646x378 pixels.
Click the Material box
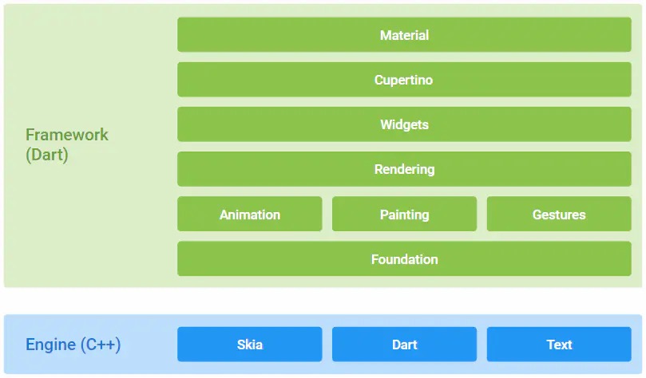point(404,34)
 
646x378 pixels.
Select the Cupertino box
point(404,80)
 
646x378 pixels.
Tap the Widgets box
point(404,124)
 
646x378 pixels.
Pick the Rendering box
point(404,169)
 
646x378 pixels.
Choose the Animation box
point(250,214)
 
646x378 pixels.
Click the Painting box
point(404,214)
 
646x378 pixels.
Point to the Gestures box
point(559,214)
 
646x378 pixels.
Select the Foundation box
point(404,258)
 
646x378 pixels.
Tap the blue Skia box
point(250,345)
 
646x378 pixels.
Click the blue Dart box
point(404,345)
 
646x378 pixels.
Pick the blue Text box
point(559,345)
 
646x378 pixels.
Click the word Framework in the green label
point(67,135)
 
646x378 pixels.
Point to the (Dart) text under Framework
point(47,155)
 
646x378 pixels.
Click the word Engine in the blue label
point(50,345)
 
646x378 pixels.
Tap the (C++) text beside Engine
point(101,345)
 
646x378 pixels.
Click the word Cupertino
point(403,80)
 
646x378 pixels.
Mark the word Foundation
point(404,259)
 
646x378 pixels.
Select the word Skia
point(250,345)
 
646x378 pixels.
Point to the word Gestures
point(559,215)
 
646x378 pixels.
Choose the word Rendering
point(404,170)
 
